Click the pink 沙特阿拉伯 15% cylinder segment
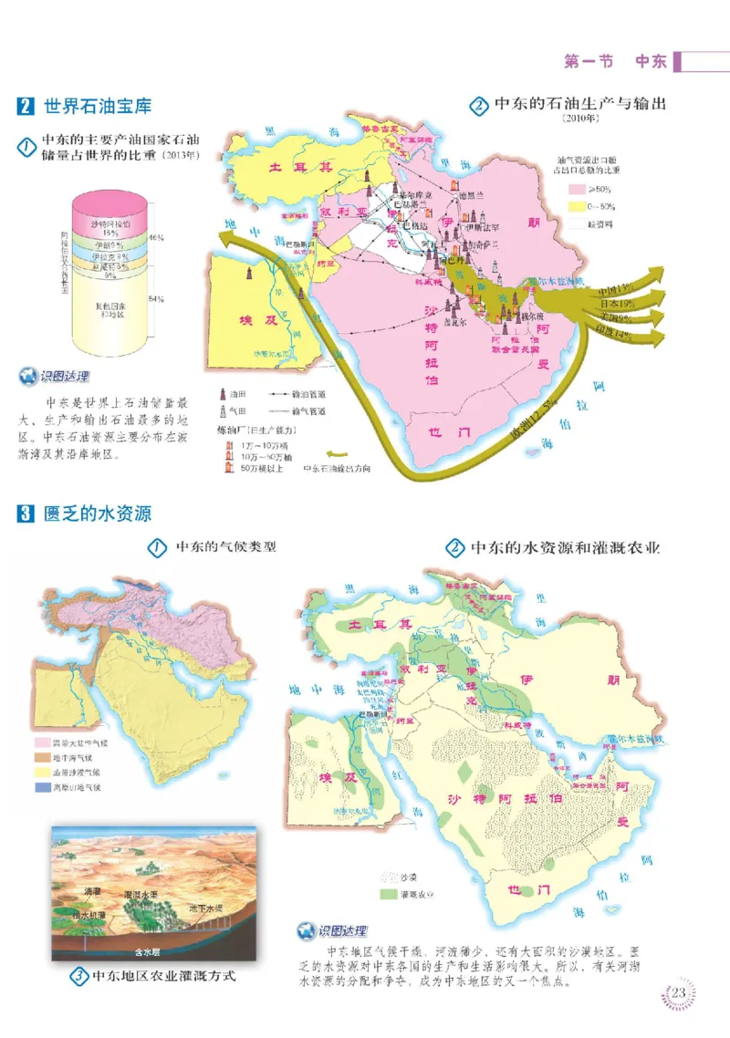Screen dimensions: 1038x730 pyautogui.click(x=110, y=226)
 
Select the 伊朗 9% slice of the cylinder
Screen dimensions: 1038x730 pyautogui.click(x=110, y=245)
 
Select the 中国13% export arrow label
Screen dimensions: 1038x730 pyautogui.click(x=617, y=289)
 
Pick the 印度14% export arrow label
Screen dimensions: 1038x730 pyautogui.click(x=613, y=335)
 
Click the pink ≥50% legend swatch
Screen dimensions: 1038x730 pyautogui.click(x=577, y=189)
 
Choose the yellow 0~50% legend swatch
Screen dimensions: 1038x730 pyautogui.click(x=577, y=205)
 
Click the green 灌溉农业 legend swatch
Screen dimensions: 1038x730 pyautogui.click(x=387, y=894)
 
